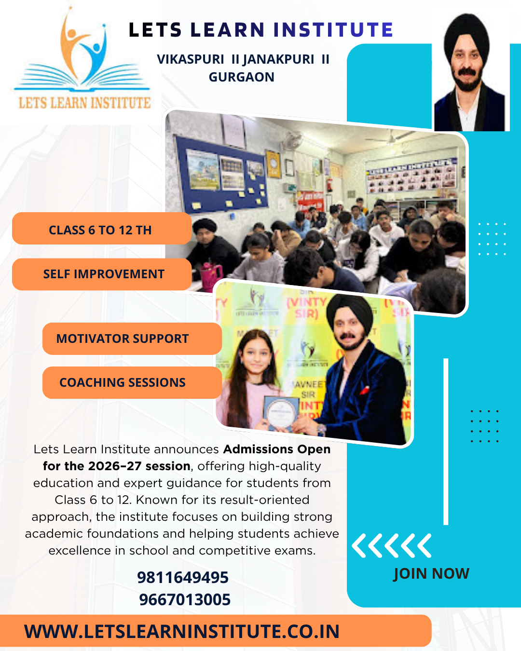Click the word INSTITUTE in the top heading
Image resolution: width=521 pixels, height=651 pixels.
click(x=333, y=30)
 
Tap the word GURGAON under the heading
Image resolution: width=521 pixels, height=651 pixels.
click(x=241, y=77)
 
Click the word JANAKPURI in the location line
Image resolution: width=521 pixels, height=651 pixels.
click(x=278, y=59)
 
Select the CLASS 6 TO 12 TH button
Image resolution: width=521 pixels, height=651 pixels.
click(x=101, y=230)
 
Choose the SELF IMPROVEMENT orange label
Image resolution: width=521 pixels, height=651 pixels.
click(x=103, y=274)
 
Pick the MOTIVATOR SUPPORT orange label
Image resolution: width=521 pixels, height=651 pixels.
click(x=123, y=339)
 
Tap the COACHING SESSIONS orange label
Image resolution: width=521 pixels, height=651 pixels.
click(x=123, y=382)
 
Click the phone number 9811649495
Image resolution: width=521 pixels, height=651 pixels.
click(x=183, y=577)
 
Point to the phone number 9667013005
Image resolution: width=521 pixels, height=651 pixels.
click(x=185, y=599)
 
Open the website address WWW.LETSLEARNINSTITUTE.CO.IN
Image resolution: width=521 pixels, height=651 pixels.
click(x=182, y=631)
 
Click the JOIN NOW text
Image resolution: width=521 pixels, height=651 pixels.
click(x=431, y=573)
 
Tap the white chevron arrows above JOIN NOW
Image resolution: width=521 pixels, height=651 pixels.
click(x=391, y=546)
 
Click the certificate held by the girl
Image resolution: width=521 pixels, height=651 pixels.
click(x=280, y=413)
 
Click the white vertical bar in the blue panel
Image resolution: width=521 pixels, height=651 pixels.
click(x=446, y=441)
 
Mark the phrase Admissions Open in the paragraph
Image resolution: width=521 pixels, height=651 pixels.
click(x=277, y=449)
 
